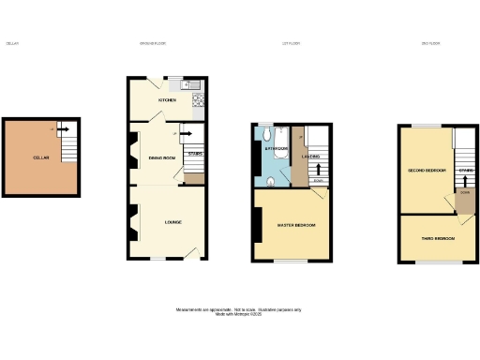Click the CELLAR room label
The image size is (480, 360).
40,157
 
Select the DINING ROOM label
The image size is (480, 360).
162,157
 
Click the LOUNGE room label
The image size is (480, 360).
172,221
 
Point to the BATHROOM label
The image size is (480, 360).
275,148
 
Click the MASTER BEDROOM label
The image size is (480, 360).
296,225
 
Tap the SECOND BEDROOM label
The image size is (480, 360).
426,171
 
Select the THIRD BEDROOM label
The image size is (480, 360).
438,238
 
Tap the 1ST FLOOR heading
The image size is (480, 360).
291,43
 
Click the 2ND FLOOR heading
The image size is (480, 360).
431,43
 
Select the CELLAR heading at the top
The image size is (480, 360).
13,43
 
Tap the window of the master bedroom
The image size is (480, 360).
292,261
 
